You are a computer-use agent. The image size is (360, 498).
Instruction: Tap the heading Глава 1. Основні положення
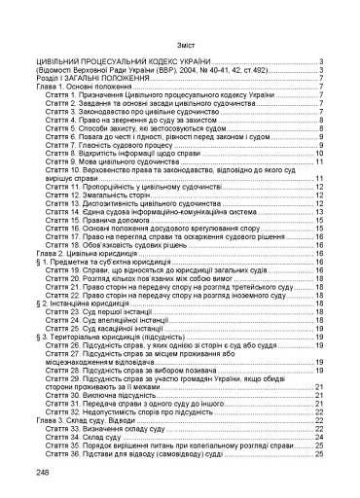[88, 86]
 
